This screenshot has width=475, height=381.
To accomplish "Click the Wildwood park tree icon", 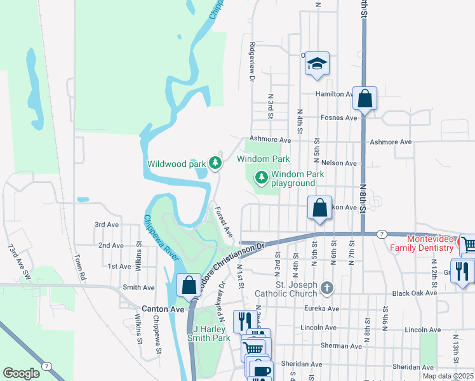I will click(x=216, y=163).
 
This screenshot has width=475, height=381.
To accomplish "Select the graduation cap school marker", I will click(x=317, y=64).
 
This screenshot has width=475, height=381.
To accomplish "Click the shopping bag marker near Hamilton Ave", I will click(x=365, y=99).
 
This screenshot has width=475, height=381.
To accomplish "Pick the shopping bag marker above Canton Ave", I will click(x=189, y=285).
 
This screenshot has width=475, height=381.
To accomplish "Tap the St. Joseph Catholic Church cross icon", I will click(x=326, y=288).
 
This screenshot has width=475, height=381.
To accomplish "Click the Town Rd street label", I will click(x=79, y=269).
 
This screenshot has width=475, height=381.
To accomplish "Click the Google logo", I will click(x=21, y=373).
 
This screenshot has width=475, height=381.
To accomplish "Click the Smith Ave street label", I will click(x=139, y=287).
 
